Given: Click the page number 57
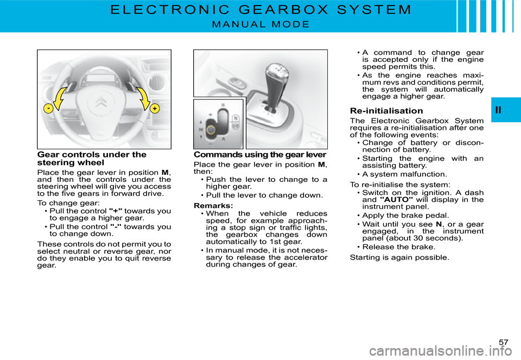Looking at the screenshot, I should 504,342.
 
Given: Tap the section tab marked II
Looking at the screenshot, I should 499,110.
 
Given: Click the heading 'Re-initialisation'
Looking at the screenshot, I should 386,111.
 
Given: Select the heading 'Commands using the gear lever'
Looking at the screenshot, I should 260,155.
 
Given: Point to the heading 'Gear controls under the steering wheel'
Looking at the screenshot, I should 92,158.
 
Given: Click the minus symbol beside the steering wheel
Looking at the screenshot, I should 49,109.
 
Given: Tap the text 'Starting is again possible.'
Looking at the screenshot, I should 399,257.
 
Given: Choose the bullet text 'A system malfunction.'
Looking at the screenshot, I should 404,174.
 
